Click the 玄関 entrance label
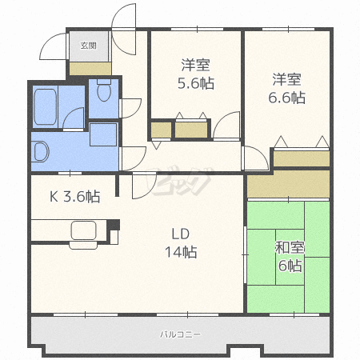88,46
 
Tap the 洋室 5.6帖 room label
196,74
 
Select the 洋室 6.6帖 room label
287,88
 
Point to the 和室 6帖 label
290,256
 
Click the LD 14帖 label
181,243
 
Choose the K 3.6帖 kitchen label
75,197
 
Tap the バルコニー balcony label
180,334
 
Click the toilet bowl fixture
104,90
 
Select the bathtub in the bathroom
46,106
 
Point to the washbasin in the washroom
40,151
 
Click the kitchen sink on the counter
83,230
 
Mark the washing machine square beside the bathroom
103,134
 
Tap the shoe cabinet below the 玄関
90,69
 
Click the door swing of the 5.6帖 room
226,126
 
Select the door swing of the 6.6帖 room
256,158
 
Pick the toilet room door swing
131,108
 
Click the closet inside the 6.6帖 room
302,159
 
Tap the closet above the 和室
289,184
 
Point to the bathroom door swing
74,118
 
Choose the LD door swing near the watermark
144,186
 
